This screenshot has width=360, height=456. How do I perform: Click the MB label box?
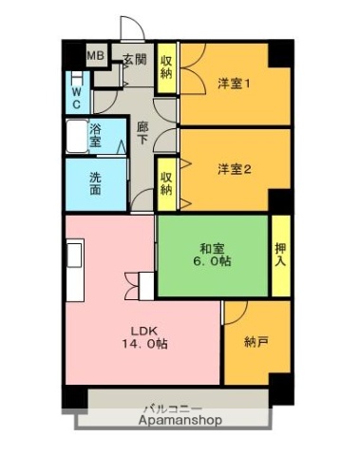[x=95, y=56]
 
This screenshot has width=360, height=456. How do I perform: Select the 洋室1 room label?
[x=233, y=83]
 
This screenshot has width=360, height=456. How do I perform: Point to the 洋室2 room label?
[x=233, y=169]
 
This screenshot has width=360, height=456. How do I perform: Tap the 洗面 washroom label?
[x=96, y=181]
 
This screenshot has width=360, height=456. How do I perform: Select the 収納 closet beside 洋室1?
[x=166, y=67]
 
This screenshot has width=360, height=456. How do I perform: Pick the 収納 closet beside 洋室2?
[x=166, y=182]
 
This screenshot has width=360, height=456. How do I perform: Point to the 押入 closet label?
[x=280, y=255]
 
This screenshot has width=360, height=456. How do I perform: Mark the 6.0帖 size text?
[x=212, y=260]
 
